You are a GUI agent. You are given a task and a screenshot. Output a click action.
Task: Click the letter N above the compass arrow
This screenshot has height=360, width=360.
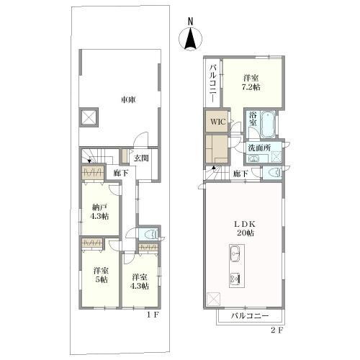click(x=191, y=22)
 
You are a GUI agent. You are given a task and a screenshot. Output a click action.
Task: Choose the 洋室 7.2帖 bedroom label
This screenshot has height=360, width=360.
click(x=251, y=82)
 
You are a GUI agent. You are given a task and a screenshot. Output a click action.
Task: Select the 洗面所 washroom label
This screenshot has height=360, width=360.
click(x=259, y=148)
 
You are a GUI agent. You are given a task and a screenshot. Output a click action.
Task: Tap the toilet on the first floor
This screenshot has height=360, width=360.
click(x=149, y=235)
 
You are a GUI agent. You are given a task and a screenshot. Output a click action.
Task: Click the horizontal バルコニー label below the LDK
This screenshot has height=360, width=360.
click(x=250, y=316)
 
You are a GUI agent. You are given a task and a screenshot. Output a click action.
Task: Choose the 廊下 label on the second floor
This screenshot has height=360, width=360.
click(x=240, y=174)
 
